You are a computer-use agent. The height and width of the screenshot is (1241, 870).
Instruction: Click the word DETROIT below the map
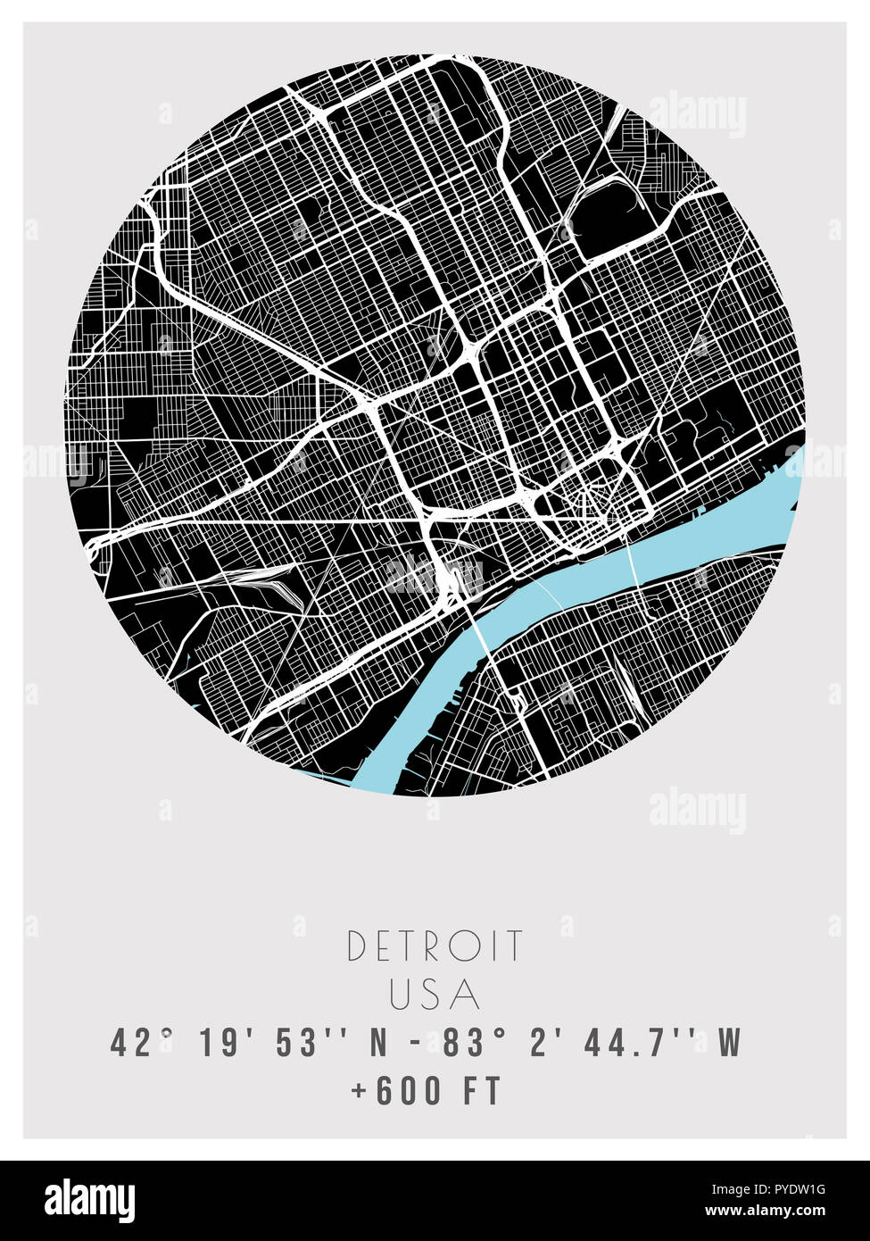coord(435,946)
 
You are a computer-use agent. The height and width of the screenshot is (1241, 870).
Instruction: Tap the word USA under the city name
coord(435,995)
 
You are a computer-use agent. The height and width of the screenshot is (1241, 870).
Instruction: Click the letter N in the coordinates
coord(378,1043)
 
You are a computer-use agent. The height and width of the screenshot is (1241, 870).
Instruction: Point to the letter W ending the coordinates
coord(730,1043)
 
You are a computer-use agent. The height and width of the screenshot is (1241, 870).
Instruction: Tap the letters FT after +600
coord(483,1091)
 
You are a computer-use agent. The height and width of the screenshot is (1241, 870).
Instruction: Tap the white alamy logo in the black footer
coord(90,1201)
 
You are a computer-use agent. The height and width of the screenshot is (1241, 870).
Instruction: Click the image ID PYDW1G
coord(796,1189)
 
